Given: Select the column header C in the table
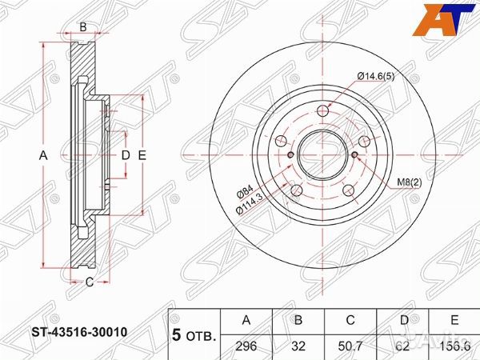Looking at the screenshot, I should tap(350, 321).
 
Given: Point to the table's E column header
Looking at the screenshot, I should tap(454, 321).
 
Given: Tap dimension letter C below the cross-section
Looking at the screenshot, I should tap(90, 281).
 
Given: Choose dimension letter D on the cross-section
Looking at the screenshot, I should tap(125, 155).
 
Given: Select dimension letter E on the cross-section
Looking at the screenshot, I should tap(141, 155).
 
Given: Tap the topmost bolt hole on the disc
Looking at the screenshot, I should tap(322, 111).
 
